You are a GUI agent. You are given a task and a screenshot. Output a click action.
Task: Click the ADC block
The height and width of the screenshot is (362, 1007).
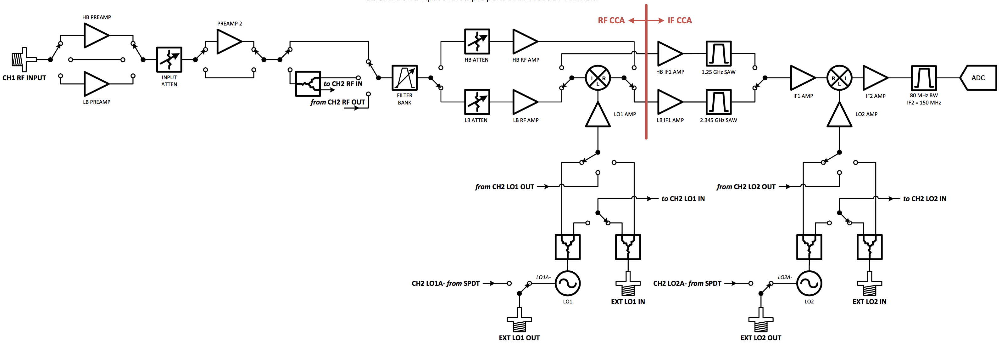[x=978, y=78]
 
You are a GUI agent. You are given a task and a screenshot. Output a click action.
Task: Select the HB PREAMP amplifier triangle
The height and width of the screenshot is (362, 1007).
[x=95, y=36]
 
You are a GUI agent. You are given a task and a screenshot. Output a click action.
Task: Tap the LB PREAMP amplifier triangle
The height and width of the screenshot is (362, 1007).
[x=95, y=84]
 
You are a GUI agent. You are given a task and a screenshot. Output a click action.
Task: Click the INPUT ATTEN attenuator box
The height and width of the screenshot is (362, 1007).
[x=169, y=59]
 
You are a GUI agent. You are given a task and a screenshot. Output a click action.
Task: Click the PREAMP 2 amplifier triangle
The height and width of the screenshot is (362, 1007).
[x=228, y=42]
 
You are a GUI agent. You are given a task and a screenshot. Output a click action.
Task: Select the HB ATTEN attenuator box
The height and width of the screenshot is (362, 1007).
[x=476, y=42]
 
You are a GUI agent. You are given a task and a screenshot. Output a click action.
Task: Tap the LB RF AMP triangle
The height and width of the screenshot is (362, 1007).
[x=524, y=102]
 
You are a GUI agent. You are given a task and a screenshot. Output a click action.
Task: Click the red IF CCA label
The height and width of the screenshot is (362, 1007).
[x=679, y=20]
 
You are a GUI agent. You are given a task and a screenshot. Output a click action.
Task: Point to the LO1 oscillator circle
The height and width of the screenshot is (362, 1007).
[x=567, y=283]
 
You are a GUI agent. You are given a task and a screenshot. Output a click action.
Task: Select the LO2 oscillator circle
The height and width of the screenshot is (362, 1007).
[x=809, y=283]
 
